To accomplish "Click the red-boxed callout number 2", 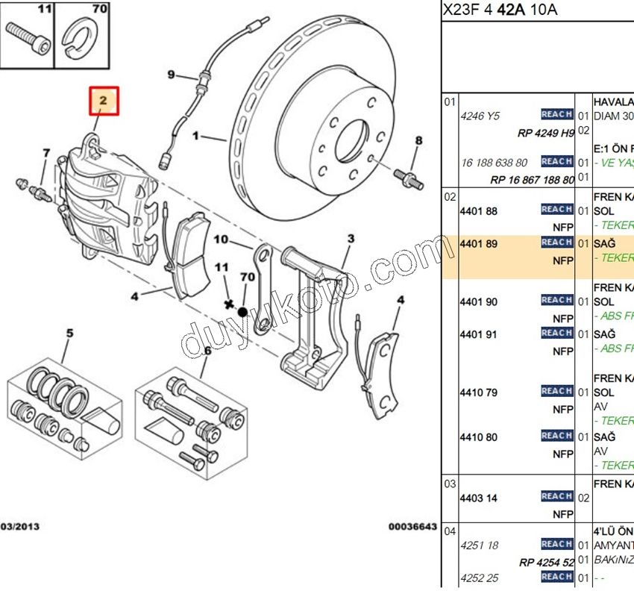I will pyautogui.click(x=104, y=100).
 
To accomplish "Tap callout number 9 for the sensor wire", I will pyautogui.click(x=171, y=74).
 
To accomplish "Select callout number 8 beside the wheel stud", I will pyautogui.click(x=418, y=140).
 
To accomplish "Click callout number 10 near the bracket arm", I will pyautogui.click(x=221, y=240).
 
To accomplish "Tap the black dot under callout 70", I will pyautogui.click(x=242, y=310).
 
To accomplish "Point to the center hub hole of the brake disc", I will pyautogui.click(x=352, y=139).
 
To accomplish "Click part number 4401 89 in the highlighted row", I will pyautogui.click(x=478, y=243).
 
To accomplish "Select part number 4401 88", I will pyautogui.click(x=478, y=211).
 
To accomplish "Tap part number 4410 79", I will pyautogui.click(x=478, y=393).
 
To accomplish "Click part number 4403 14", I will pyautogui.click(x=478, y=498).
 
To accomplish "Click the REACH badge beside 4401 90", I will pyautogui.click(x=556, y=300).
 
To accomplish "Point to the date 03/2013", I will pyautogui.click(x=20, y=527).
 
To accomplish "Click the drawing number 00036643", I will pyautogui.click(x=412, y=527).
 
